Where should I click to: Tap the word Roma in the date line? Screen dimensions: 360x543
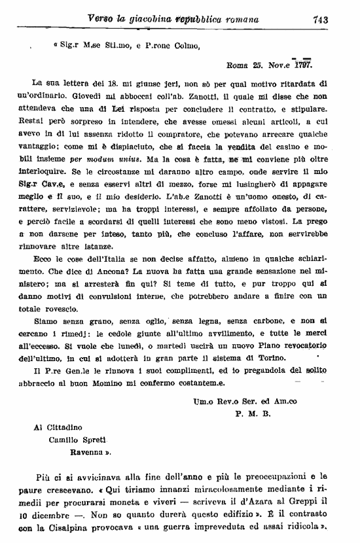point(238,65)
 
